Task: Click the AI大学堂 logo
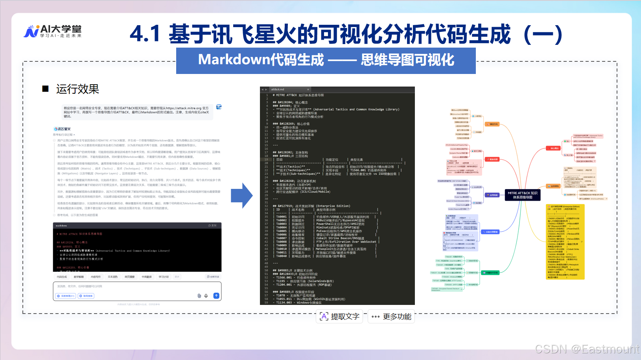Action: pos(53,31)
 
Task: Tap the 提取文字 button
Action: pos(340,317)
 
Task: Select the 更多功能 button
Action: pos(391,317)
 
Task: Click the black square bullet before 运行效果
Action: pos(45,89)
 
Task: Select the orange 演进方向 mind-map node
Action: pos(492,124)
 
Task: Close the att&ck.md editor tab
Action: pos(308,89)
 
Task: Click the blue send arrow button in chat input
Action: pos(216,295)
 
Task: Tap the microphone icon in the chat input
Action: pos(206,295)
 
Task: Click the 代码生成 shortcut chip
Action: pos(62,277)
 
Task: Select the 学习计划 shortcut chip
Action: pos(164,277)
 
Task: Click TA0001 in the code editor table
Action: pos(281,217)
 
